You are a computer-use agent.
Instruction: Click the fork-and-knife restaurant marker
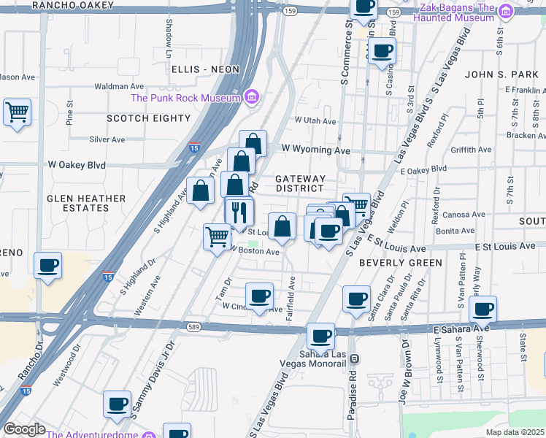(x=239, y=212)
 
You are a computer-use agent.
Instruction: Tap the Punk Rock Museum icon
(x=251, y=97)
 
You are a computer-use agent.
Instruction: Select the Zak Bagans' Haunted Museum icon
(x=504, y=11)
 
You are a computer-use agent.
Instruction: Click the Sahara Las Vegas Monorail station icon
(x=355, y=358)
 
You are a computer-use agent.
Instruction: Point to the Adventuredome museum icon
(x=149, y=435)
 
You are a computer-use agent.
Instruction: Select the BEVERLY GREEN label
(x=401, y=263)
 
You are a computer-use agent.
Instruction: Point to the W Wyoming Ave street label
(x=316, y=149)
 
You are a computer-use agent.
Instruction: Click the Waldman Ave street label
(x=120, y=86)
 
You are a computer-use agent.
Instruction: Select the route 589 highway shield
(x=193, y=327)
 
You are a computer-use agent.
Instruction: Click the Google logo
(x=24, y=429)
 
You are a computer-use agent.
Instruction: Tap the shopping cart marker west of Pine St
(x=17, y=112)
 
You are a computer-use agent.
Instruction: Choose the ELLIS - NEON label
(x=206, y=69)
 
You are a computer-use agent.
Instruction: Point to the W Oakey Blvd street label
(x=77, y=165)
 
